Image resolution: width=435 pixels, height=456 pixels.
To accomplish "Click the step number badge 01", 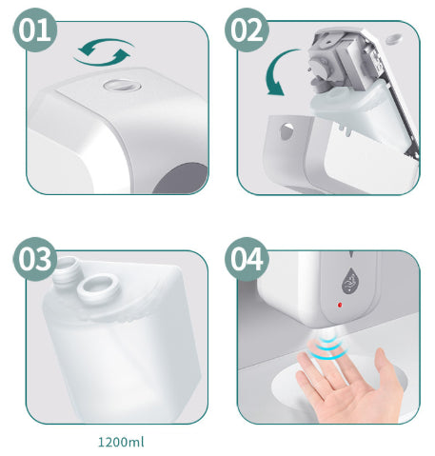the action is tap(35, 30).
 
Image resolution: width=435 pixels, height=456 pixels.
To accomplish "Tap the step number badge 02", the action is tap(247, 30).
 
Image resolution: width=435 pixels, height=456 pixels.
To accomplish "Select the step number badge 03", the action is tap(35, 259).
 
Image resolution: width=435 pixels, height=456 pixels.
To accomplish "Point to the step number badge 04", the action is tap(247, 259).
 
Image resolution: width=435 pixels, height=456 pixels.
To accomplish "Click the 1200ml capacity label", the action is tap(121, 442).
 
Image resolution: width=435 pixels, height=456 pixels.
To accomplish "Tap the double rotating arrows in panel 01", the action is tap(104, 52).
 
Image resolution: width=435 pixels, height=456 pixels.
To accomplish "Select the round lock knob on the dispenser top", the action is tap(122, 85).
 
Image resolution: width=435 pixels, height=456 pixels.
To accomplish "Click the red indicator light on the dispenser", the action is tap(340, 305).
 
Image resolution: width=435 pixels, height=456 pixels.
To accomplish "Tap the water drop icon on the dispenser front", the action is tap(350, 281).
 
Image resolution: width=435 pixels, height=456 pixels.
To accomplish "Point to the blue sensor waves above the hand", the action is tap(327, 348).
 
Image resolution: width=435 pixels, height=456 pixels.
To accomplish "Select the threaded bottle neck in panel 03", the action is tap(65, 270).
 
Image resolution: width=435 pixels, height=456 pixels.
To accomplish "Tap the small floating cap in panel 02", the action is tap(393, 39).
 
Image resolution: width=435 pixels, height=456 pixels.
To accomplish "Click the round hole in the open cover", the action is tap(287, 131).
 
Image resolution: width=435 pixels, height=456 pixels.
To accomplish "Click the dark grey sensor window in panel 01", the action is tap(181, 178).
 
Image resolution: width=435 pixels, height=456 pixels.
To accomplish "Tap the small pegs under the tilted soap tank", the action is tap(345, 129).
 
